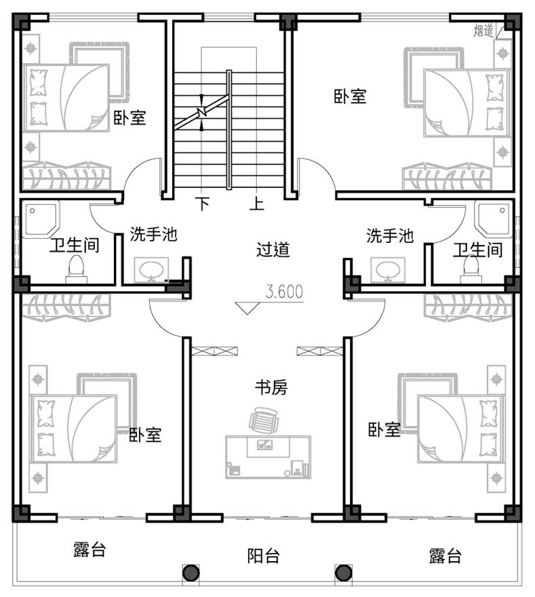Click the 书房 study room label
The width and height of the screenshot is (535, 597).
271,388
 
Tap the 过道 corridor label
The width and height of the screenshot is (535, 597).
273,250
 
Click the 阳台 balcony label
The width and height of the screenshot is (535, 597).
263,556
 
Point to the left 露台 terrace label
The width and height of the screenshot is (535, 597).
90,550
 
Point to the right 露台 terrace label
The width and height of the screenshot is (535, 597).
445,556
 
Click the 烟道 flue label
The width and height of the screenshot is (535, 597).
483,31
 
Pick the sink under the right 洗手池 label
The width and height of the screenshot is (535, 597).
388,270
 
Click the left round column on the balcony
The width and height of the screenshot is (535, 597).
191,573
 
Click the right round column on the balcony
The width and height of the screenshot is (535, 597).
344,573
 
